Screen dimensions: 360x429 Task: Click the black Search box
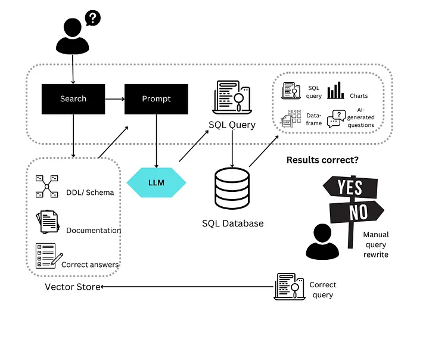[73, 99]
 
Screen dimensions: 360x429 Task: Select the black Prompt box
[156, 99]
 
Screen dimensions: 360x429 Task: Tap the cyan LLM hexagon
[157, 181]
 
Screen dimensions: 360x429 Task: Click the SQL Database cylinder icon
[232, 188]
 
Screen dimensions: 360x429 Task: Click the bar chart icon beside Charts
[335, 91]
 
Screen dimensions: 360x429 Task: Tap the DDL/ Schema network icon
[46, 186]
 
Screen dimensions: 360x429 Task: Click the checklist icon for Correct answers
[48, 256]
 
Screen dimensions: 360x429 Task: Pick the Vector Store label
[72, 287]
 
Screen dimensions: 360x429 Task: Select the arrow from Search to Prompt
[114, 99]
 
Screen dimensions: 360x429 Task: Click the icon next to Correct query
[289, 286]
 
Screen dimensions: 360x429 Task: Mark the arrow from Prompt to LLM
[156, 141]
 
